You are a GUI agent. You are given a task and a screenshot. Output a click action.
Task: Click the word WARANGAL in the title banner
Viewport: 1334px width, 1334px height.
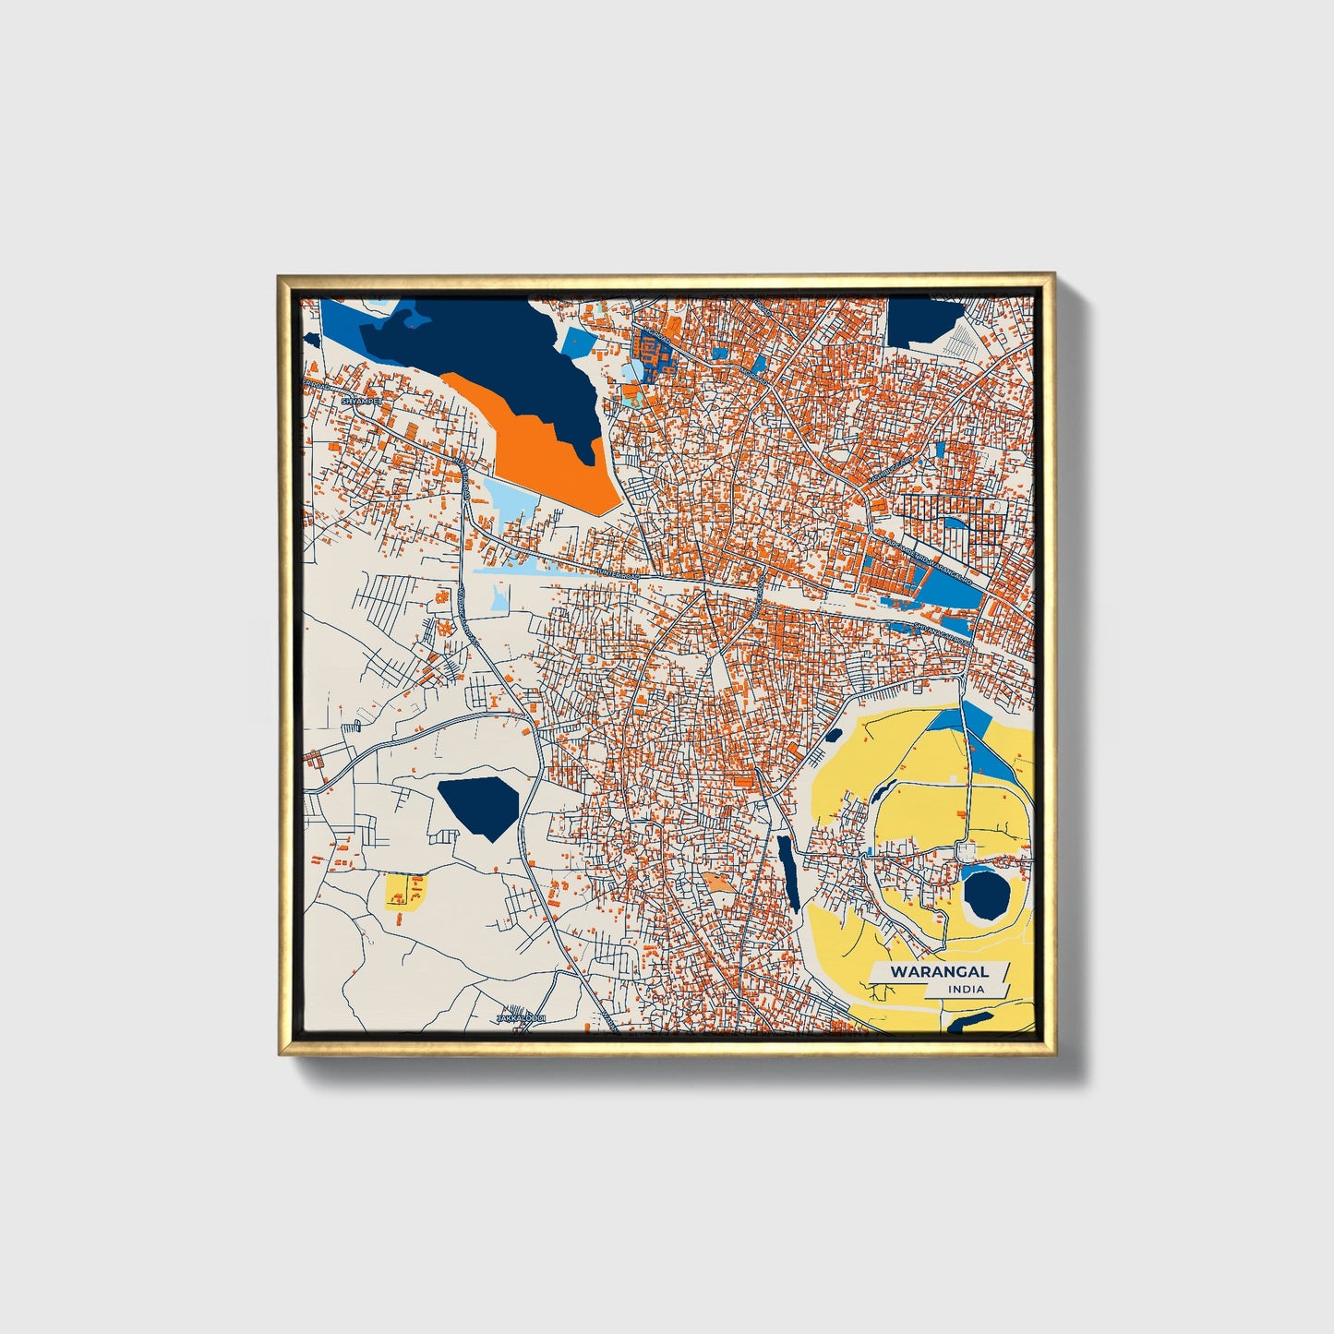coord(939,971)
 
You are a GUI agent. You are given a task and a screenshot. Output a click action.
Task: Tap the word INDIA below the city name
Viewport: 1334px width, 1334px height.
coord(966,989)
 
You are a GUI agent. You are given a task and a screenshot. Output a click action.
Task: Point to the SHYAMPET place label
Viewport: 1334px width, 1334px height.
coord(360,402)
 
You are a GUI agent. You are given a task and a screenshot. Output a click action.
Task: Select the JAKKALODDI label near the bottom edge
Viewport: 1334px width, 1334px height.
coord(522,1017)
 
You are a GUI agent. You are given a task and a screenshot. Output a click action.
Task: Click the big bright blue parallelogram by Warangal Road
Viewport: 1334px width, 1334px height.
coord(951,587)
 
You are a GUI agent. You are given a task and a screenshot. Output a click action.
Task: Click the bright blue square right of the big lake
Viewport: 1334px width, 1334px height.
coord(579,343)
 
